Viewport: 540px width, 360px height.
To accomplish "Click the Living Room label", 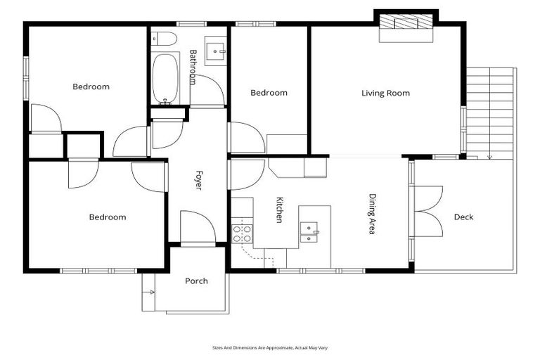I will point(385,93).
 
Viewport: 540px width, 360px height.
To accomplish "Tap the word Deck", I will point(463,217).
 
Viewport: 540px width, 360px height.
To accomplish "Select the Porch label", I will point(196,281).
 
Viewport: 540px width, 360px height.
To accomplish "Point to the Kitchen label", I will point(279,210).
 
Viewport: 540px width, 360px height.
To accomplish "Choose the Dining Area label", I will point(372,213).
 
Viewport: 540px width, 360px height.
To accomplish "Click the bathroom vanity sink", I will point(215,51).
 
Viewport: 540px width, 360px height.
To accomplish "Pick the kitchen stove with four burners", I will point(242,233).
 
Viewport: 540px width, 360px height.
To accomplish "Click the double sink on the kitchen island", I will point(309,232).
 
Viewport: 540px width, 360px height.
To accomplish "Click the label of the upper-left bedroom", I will point(91,86).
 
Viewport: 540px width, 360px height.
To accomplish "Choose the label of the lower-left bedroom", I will point(107,217).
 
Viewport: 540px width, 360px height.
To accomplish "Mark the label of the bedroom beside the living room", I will point(269,93).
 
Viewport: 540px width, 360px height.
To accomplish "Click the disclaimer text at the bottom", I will point(270,347).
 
